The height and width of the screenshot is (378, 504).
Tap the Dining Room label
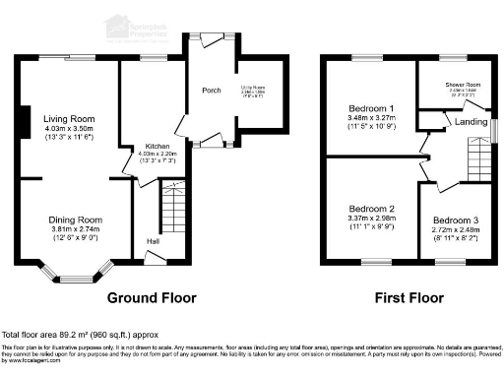[76, 220]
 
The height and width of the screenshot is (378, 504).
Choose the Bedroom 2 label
[371, 209]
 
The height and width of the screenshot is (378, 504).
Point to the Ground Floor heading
[152, 297]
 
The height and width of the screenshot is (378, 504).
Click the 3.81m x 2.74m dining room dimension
[76, 229]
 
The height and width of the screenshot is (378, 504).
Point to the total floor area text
[78, 334]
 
